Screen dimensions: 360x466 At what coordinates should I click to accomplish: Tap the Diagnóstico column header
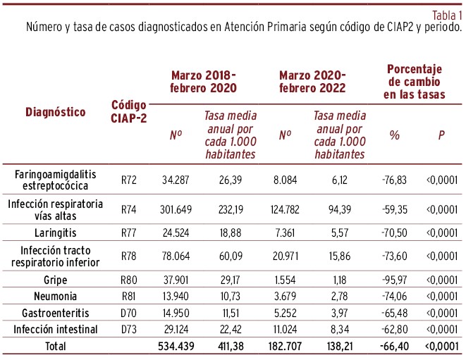[x=56, y=111]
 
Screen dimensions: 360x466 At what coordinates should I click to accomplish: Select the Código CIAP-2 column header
[x=129, y=111]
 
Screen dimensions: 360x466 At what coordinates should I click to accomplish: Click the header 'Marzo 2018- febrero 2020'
[x=203, y=82]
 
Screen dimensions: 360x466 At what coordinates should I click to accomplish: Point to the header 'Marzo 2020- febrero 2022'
[x=312, y=82]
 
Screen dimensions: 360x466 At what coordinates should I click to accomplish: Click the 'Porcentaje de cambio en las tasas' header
[x=415, y=82]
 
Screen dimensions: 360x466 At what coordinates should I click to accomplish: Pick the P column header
[x=441, y=134]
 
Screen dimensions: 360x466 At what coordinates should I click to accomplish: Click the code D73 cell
[x=128, y=329]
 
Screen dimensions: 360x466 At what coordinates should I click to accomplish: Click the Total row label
[x=56, y=347]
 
